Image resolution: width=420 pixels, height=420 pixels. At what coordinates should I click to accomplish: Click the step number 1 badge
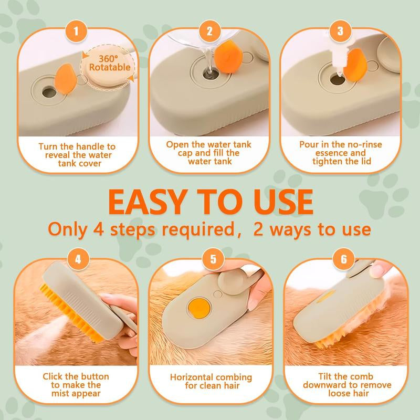pos(77,31)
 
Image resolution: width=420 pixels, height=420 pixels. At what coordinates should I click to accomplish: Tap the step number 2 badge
pos(209,31)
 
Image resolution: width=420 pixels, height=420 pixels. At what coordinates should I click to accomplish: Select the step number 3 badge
pos(341,31)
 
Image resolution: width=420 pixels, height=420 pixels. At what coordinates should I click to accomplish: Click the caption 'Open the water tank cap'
pos(209,152)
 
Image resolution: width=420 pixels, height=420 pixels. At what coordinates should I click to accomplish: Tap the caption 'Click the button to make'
pos(77,385)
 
